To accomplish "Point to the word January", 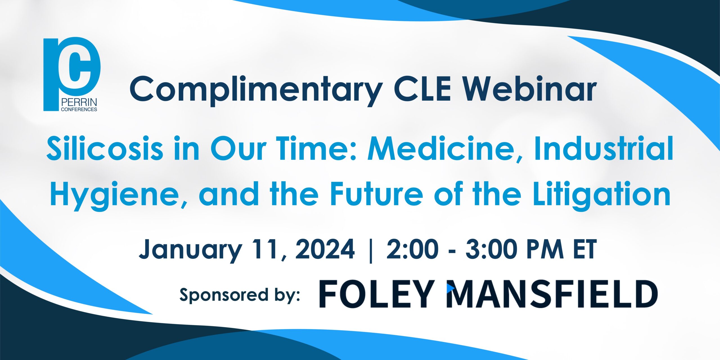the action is pos(190,249).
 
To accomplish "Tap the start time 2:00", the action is pos(412,249).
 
